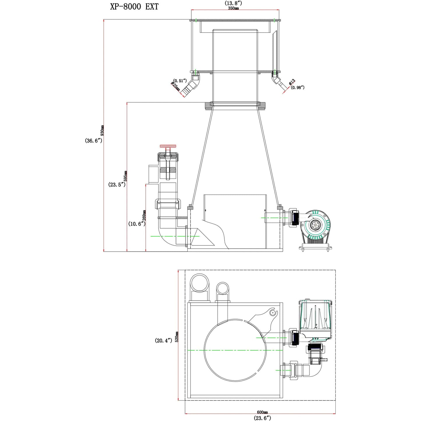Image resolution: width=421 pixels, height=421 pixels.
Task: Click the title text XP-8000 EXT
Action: coord(134,7)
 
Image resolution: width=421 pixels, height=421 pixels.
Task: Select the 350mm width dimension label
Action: coord(233,8)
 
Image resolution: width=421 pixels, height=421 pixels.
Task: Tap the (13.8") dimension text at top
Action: coord(233,3)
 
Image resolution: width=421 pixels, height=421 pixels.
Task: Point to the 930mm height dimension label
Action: coord(102,131)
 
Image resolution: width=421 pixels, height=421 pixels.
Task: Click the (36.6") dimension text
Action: coord(94,141)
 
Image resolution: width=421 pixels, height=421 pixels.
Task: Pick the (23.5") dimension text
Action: coord(117,184)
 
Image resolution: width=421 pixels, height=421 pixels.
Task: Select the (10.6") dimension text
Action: coord(136,224)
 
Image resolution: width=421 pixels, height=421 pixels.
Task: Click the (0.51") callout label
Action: coord(180,81)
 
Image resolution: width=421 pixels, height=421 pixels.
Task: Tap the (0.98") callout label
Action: coord(297,87)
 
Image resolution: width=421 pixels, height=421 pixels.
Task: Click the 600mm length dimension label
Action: coord(262,412)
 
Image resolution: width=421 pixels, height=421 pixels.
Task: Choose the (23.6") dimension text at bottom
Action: coord(262,418)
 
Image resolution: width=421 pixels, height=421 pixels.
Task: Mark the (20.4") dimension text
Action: coord(163,340)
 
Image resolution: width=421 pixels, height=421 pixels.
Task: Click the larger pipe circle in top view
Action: coord(199,283)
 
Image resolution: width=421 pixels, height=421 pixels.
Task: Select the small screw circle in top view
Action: coord(272,313)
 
